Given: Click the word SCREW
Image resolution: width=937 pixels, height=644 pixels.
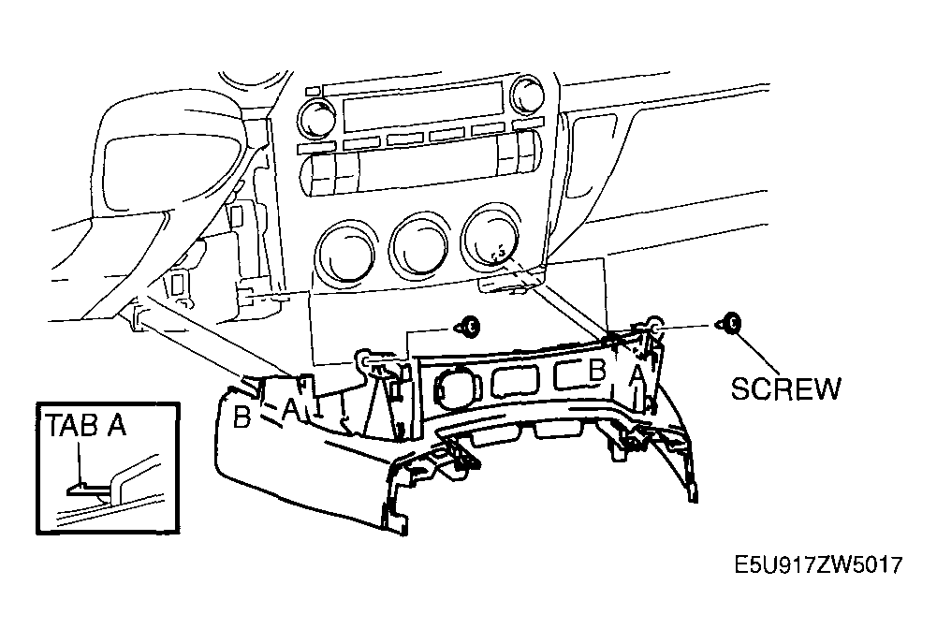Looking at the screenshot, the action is (x=785, y=388).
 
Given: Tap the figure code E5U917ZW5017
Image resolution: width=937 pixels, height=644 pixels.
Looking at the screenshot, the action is (x=818, y=564).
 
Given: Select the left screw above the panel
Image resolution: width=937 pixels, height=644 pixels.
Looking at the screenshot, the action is (x=468, y=327).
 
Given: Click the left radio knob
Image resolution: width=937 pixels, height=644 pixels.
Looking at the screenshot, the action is (x=318, y=116).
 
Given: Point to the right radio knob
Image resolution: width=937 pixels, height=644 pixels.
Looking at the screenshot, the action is (x=527, y=95).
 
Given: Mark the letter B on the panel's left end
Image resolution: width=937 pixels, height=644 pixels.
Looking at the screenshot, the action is (x=242, y=417).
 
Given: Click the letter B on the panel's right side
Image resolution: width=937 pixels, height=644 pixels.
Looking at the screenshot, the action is (x=596, y=371).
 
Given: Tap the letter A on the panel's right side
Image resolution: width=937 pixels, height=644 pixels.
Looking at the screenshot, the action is (x=637, y=375).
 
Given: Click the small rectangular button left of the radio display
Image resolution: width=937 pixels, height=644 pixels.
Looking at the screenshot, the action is (x=312, y=91).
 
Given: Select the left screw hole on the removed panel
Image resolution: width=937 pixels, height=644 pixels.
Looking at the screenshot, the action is (x=365, y=359).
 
